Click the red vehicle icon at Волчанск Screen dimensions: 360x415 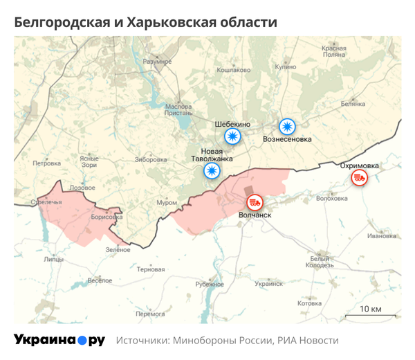coord(255,202)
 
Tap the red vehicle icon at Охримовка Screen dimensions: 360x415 coord(359,178)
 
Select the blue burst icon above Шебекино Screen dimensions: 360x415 coord(232,136)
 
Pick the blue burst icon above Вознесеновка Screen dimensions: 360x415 coord(287,127)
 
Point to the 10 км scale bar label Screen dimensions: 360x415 coord(371,308)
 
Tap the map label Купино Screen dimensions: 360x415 coord(285,69)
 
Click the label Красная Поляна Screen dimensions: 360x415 coord(333,51)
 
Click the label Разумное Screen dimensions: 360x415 coord(156,62)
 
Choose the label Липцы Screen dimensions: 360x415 coord(53,260)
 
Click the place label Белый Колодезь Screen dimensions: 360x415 coord(322,260)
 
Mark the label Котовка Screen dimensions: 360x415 coord(309,303)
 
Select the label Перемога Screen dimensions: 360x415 coord(150,314)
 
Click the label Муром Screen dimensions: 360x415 coord(167,202)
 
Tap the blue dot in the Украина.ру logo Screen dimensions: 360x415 coord(82,340)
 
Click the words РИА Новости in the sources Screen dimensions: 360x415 coord(308,341)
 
